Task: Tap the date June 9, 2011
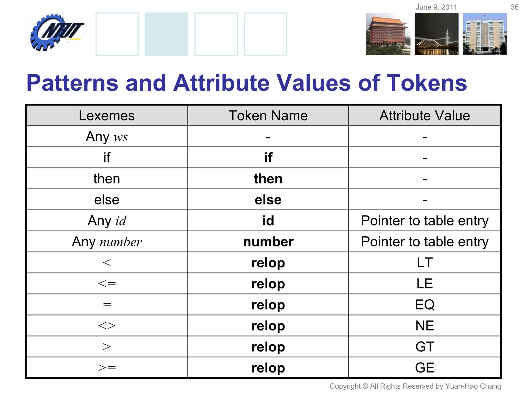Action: (436, 7)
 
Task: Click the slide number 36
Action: (514, 7)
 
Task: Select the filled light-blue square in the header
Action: (166, 34)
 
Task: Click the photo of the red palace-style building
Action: (388, 34)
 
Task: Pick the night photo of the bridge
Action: (436, 34)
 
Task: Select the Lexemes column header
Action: (107, 116)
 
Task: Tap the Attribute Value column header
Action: (424, 116)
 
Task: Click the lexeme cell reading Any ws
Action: (107, 137)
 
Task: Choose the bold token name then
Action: (268, 179)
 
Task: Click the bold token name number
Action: (268, 242)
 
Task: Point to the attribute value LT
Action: (424, 263)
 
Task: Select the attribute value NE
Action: (424, 326)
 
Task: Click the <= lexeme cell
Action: (107, 284)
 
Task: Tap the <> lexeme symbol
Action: (107, 326)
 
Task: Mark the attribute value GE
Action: (424, 368)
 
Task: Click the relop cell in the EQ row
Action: (268, 305)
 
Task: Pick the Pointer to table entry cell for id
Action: (424, 221)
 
